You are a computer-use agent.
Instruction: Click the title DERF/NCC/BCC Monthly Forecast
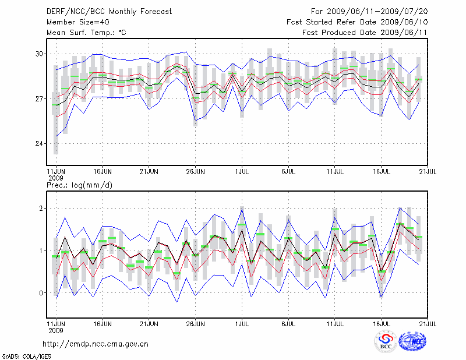click(109, 12)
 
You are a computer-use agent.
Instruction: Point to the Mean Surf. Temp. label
click(86, 33)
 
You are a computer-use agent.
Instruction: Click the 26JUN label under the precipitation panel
click(195, 323)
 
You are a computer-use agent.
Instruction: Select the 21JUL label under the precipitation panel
click(428, 323)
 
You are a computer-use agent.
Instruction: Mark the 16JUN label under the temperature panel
click(102, 172)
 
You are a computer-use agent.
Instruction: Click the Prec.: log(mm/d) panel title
click(79, 185)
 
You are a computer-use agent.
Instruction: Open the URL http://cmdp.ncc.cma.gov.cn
click(96, 344)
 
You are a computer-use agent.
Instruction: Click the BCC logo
click(386, 341)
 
